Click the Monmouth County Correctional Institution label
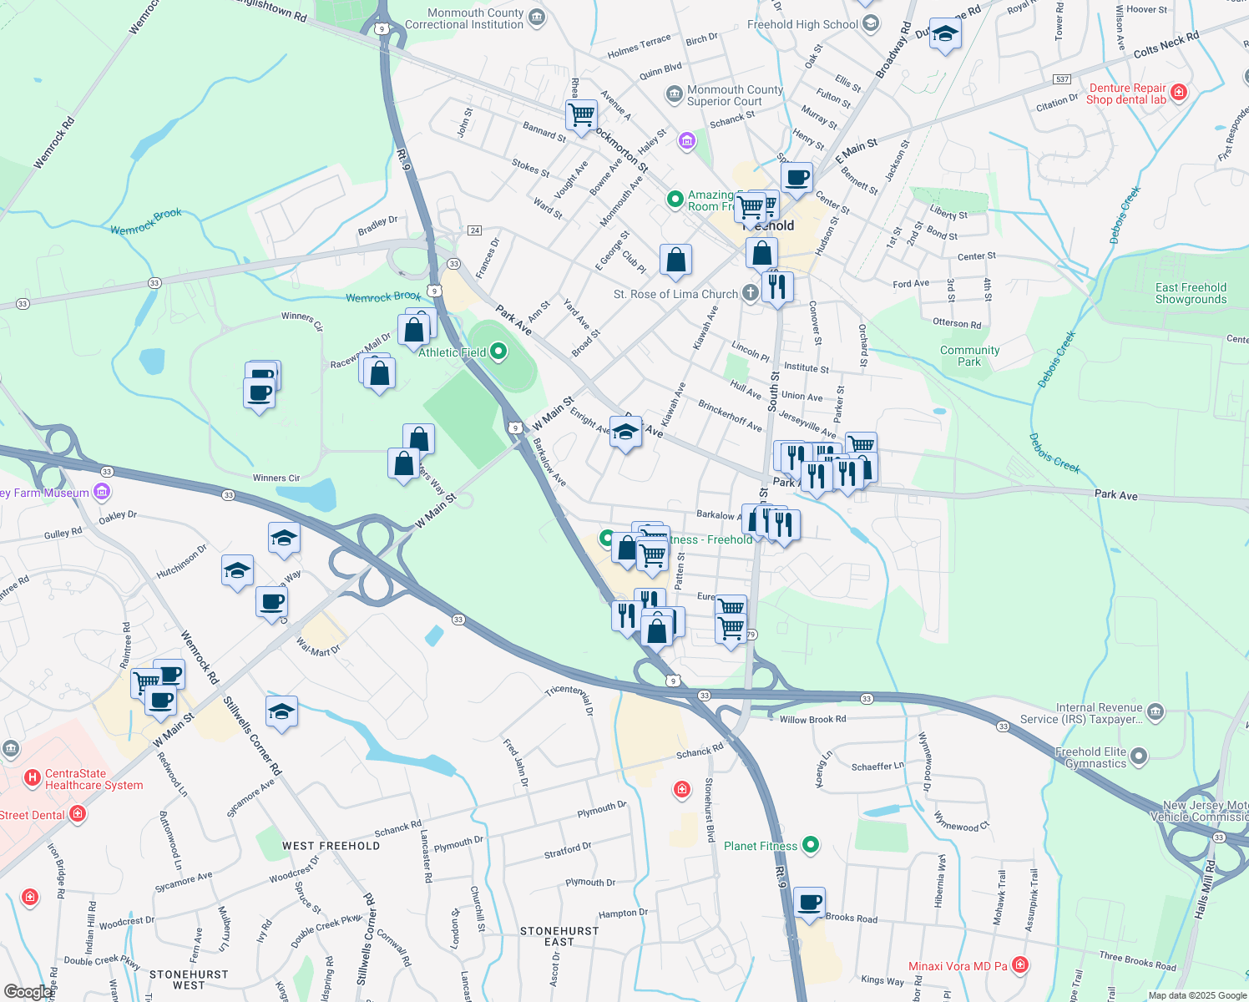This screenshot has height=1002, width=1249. (x=464, y=18)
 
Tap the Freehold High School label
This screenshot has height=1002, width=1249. (x=802, y=24)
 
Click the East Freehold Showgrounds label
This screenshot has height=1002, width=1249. (x=1191, y=293)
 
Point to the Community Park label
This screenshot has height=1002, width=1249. (x=969, y=356)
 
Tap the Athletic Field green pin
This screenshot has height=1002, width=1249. (x=498, y=352)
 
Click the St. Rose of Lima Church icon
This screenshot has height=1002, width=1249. (x=751, y=293)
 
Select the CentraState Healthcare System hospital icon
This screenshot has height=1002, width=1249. (x=33, y=778)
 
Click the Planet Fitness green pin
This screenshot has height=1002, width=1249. (x=810, y=845)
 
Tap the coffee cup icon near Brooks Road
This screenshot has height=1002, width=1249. (x=809, y=903)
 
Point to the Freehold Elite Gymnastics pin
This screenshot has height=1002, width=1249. (x=1139, y=757)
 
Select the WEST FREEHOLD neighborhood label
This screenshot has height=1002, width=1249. (x=331, y=846)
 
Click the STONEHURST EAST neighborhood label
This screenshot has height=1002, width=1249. (x=559, y=936)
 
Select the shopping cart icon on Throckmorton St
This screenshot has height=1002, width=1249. (x=581, y=114)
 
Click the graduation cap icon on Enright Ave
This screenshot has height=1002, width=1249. (x=625, y=432)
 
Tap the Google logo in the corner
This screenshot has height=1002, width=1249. (x=28, y=992)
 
